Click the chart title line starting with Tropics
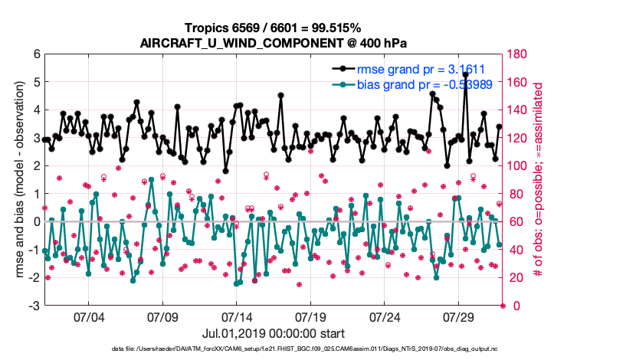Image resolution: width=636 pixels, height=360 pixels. point(273,28)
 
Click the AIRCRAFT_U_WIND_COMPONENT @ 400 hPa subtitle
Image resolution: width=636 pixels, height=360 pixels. point(273,42)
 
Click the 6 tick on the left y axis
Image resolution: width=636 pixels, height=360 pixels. point(36,54)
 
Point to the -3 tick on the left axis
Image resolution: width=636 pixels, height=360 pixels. point(34,306)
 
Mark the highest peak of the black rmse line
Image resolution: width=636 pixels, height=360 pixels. point(465,75)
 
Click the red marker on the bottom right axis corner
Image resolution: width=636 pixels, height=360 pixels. point(503,306)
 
